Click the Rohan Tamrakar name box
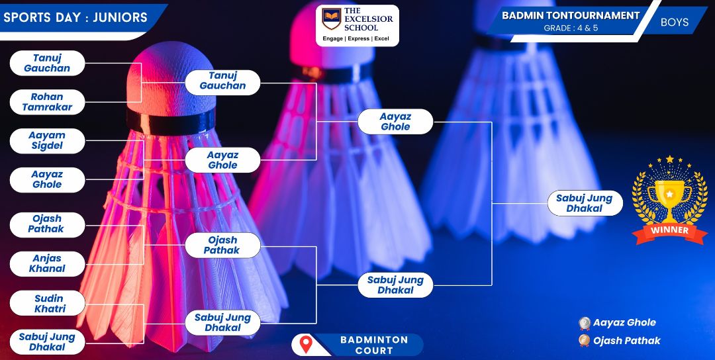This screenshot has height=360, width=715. pos(48,102)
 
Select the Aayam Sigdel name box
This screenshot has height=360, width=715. pos(48,141)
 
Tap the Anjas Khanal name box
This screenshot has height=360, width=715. pos(48,263)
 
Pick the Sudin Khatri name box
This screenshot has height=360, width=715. pos(48,304)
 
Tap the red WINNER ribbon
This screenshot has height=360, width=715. pos(669,232)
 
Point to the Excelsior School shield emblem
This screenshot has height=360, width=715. pos(332,19)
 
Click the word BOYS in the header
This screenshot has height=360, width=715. pos(675,22)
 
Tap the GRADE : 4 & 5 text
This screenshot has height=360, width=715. pos(571,28)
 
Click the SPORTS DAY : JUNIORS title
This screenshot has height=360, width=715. pos(75,17)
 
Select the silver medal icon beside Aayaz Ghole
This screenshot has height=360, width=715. pos(585,323)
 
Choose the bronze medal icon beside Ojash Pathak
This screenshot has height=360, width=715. pos(584,340)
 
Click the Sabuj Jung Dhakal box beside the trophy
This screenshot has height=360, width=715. pos(585,203)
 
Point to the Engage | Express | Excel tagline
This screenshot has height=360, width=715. pos(356,39)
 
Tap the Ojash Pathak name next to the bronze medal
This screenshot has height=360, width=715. pos(626,340)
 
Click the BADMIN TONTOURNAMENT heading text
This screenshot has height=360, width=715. pos(571,15)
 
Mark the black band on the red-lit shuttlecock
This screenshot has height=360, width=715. pos(171,121)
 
